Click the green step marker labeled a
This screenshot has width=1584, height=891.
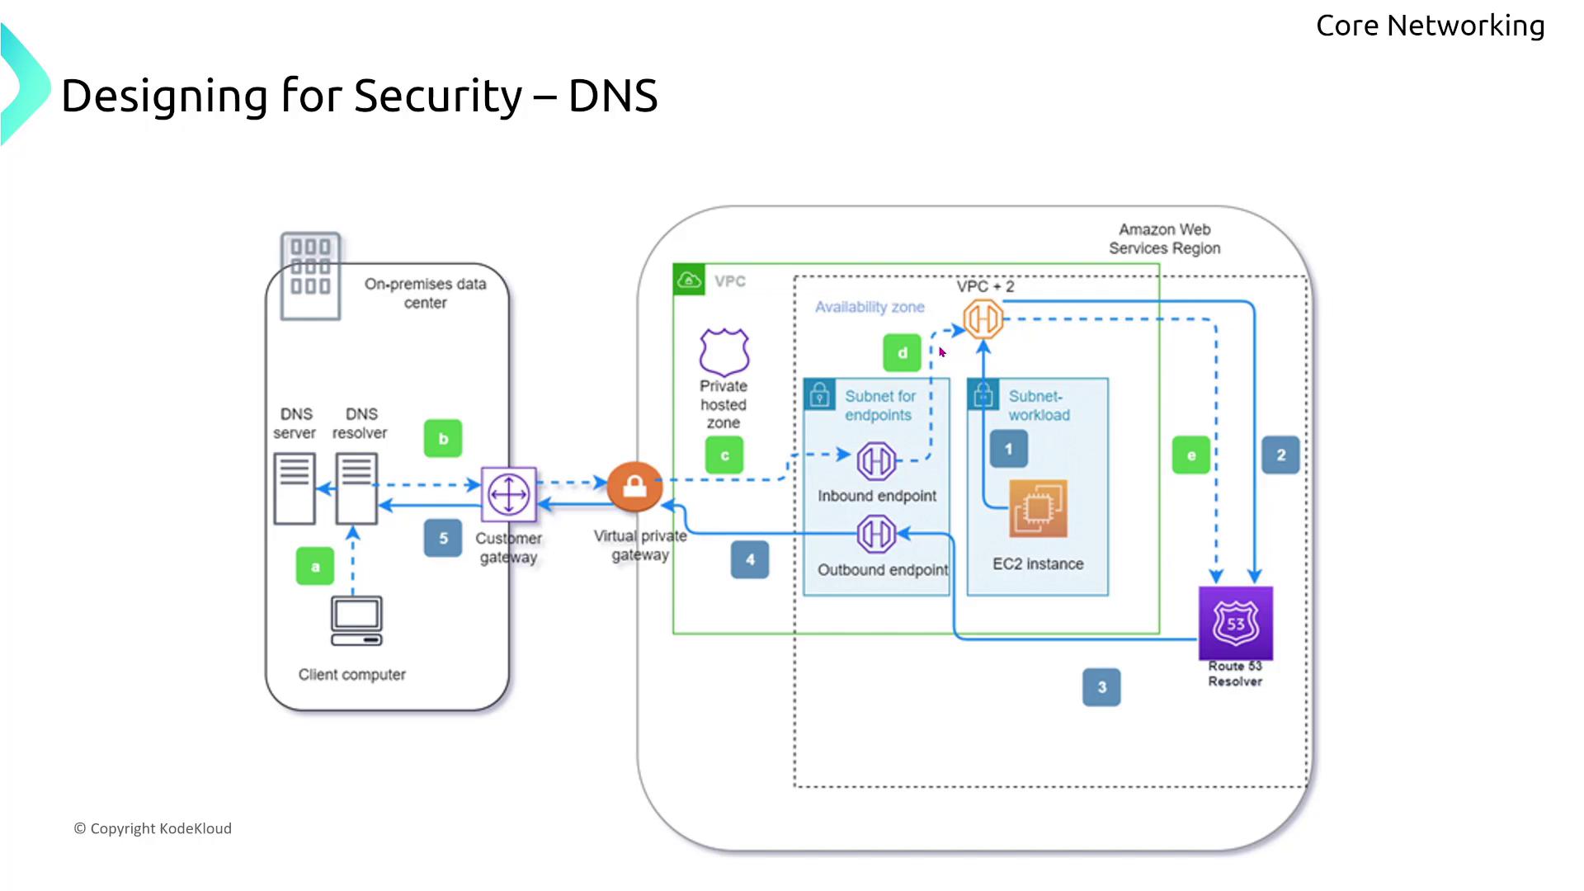315,566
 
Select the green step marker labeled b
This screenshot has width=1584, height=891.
443,439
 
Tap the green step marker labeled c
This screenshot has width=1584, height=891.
724,455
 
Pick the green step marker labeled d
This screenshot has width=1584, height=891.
902,352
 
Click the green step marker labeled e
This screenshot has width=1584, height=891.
1190,455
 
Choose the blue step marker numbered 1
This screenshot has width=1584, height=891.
1008,450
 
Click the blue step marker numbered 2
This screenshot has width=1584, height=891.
1280,455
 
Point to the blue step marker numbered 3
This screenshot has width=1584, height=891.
1101,687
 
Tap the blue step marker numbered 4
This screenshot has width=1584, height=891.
750,559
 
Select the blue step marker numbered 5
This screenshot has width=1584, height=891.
443,538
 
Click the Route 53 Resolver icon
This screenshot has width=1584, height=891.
1235,623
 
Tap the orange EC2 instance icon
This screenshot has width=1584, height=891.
1038,508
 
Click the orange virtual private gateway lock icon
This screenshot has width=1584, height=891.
634,487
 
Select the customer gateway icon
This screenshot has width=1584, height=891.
509,494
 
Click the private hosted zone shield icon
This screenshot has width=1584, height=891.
724,352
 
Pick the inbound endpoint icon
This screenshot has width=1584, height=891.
876,461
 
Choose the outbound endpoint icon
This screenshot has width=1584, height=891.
876,534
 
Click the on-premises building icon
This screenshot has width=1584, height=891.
310,276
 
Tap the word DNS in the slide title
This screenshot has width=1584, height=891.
613,96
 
